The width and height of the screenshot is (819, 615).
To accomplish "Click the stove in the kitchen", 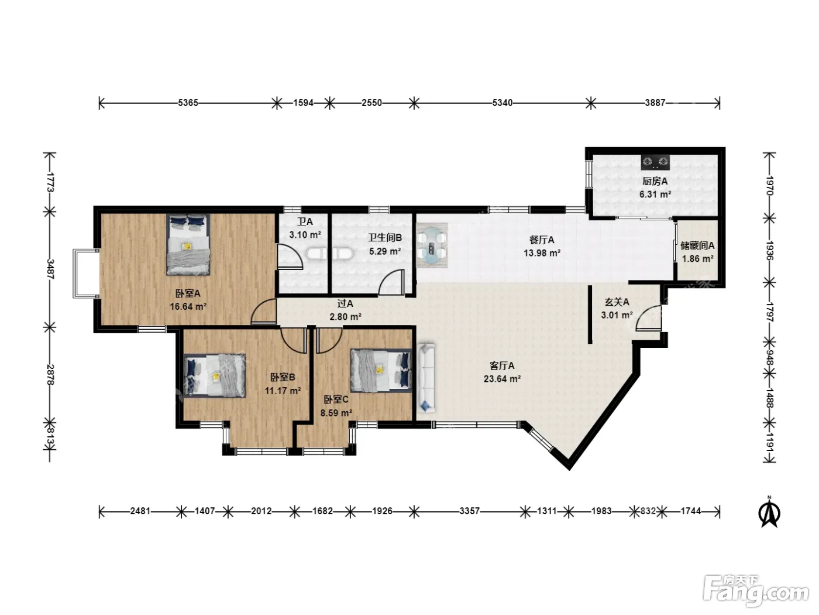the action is click(655, 162).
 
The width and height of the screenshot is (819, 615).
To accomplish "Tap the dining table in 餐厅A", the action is click(432, 245).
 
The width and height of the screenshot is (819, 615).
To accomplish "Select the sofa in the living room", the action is click(426, 378).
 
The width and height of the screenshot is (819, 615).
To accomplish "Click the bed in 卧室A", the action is click(188, 245).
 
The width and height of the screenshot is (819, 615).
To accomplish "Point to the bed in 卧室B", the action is click(215, 375).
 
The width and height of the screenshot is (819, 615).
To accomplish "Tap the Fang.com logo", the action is click(756, 592).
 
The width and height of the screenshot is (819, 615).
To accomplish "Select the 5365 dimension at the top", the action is click(188, 102).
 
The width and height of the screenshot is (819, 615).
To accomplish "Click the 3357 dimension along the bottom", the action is click(469, 511).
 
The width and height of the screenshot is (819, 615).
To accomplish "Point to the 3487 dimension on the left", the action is click(50, 269).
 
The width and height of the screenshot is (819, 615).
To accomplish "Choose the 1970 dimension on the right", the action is click(770, 186).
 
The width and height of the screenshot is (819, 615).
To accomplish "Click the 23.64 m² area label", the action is click(502, 379).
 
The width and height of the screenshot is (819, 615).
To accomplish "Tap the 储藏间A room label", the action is click(697, 245).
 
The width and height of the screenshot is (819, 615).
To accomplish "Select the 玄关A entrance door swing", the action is click(649, 318).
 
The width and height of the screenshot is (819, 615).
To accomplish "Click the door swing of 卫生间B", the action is click(391, 283).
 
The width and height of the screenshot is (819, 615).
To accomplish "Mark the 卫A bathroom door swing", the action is click(290, 257).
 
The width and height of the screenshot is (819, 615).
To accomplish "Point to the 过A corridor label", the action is click(345, 304).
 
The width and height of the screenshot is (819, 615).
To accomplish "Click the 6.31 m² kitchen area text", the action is click(655, 194).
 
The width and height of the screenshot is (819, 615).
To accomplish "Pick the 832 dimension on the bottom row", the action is click(648, 511).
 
